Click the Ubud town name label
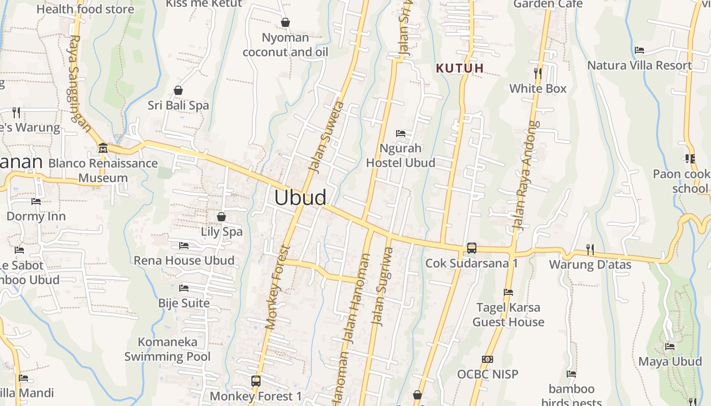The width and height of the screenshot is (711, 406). pos(300,197)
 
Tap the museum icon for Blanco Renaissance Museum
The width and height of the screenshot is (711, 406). pos(103,148)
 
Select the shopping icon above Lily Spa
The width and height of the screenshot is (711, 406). pos(221,217)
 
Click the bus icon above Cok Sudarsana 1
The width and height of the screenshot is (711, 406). pos(472,248)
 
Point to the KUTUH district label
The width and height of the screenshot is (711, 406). pos(460,68)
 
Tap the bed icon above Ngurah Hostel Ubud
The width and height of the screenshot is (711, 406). pos(401,133)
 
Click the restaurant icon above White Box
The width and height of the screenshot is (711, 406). pos(538,74)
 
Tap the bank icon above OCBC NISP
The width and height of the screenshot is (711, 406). pos(488,359)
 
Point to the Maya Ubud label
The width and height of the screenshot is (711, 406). pos(670,361)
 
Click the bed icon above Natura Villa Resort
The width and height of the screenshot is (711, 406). pos(639,50)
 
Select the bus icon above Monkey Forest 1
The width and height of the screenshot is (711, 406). pos(256,381)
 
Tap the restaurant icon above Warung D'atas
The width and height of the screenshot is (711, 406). pos(590,249)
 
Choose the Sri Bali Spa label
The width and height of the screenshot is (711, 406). pos(178,106)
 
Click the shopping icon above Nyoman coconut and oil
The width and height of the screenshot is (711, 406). pos(285,23)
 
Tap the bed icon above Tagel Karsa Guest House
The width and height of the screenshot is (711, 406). pos(508,292)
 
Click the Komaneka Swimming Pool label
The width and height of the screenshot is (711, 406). pos(168,349)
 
